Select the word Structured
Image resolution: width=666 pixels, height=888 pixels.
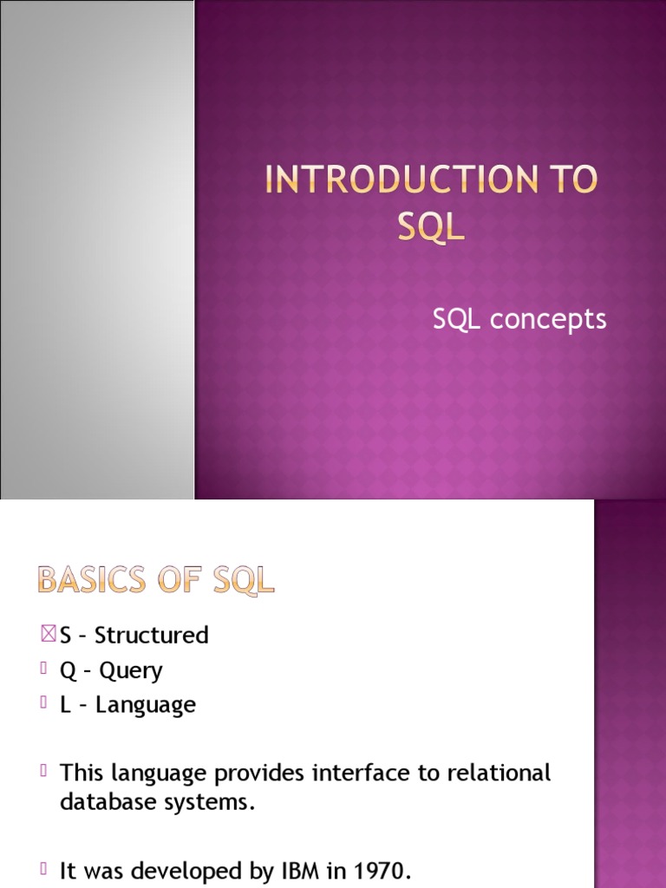click(152, 636)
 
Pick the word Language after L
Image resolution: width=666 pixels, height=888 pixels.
click(146, 705)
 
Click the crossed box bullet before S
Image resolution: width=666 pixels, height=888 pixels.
click(48, 635)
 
